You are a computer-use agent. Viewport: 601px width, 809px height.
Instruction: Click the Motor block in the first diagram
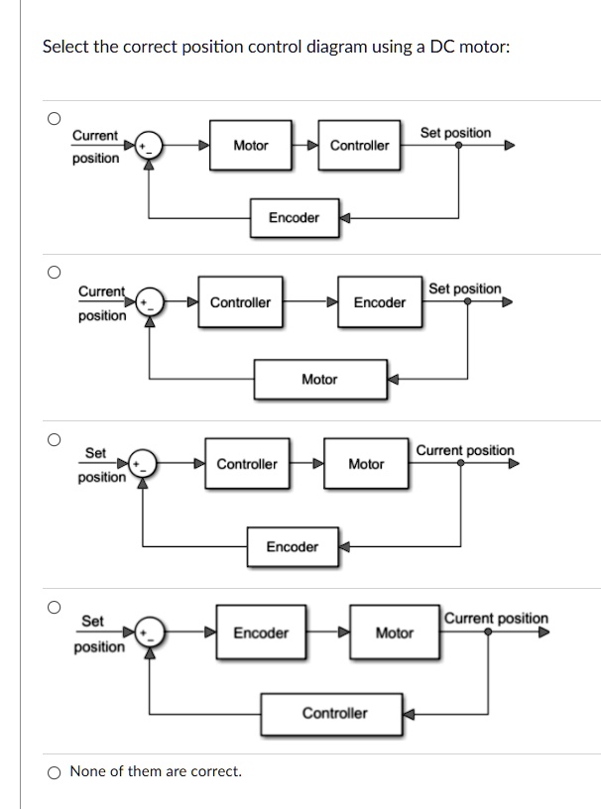(x=251, y=146)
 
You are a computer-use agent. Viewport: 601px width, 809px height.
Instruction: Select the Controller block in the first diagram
(x=359, y=146)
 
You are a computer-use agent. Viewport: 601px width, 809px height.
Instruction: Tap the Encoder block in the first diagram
(x=294, y=218)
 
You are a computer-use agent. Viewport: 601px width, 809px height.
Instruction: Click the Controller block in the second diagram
(x=240, y=302)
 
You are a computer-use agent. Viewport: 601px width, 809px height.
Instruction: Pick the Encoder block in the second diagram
(x=379, y=302)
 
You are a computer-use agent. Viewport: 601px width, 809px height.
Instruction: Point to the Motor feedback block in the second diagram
(x=318, y=379)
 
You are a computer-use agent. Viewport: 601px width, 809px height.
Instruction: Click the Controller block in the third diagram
(x=247, y=464)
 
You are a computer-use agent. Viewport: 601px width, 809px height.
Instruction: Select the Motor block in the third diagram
(x=366, y=464)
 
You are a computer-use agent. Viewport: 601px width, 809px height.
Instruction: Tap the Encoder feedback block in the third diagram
(x=293, y=546)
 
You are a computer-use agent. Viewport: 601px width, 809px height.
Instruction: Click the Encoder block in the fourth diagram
(x=261, y=633)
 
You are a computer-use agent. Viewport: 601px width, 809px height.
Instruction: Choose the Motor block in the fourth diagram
(x=394, y=633)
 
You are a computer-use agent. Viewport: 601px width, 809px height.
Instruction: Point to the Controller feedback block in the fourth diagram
(x=333, y=713)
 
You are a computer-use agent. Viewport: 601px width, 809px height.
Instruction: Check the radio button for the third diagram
(x=56, y=437)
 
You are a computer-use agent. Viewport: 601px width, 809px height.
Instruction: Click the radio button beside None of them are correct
(x=55, y=771)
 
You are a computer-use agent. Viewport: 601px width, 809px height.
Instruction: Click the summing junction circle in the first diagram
(x=149, y=145)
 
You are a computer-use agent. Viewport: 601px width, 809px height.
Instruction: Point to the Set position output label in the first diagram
(x=455, y=132)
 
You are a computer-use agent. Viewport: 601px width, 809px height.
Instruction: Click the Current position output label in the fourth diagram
(x=495, y=619)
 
